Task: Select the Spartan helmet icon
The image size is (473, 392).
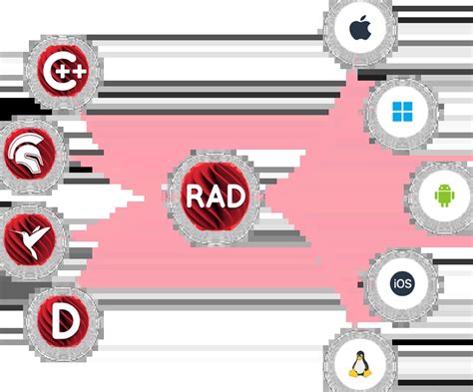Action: pyautogui.click(x=35, y=156)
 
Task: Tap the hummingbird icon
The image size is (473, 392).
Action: pyautogui.click(x=35, y=238)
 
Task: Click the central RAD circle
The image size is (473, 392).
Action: pyautogui.click(x=213, y=193)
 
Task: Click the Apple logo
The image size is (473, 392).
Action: pyautogui.click(x=360, y=30)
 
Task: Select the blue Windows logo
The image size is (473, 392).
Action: pyautogui.click(x=401, y=111)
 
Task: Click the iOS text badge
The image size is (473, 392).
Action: pyautogui.click(x=402, y=283)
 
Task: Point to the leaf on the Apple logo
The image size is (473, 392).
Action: pyautogui.click(x=363, y=19)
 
